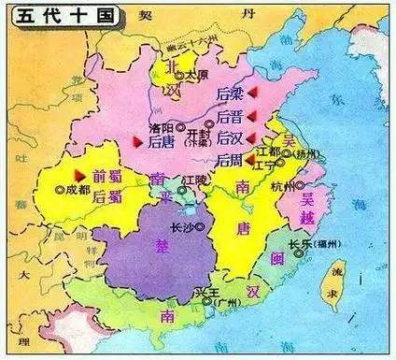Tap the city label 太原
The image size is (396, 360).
195,73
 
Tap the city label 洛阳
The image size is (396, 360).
162,126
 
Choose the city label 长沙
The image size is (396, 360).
184,226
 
